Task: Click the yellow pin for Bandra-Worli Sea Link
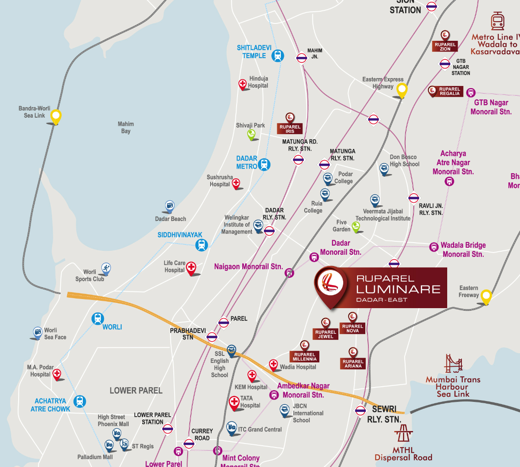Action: click(55, 116)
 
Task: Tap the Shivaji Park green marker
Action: click(251, 134)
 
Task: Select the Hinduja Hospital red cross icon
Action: click(243, 84)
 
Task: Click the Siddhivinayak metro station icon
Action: click(201, 245)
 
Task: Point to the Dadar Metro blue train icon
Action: click(264, 164)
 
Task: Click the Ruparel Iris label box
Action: click(290, 129)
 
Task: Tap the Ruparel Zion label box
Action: click(445, 46)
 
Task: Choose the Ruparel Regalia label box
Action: click(449, 92)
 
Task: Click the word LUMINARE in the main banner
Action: click(398, 289)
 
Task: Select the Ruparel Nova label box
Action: click(353, 329)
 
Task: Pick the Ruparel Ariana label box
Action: click(353, 364)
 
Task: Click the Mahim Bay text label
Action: click(126, 127)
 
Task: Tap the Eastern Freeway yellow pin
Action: click(486, 296)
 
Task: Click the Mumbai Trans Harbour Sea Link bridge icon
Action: click(453, 364)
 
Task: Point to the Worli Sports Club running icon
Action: click(106, 268)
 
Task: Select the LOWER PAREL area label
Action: click(136, 391)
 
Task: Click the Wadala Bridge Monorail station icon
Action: click(434, 247)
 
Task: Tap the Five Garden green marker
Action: click(356, 226)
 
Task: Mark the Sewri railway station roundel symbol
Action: click(361, 410)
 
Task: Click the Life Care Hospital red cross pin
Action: click(191, 268)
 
